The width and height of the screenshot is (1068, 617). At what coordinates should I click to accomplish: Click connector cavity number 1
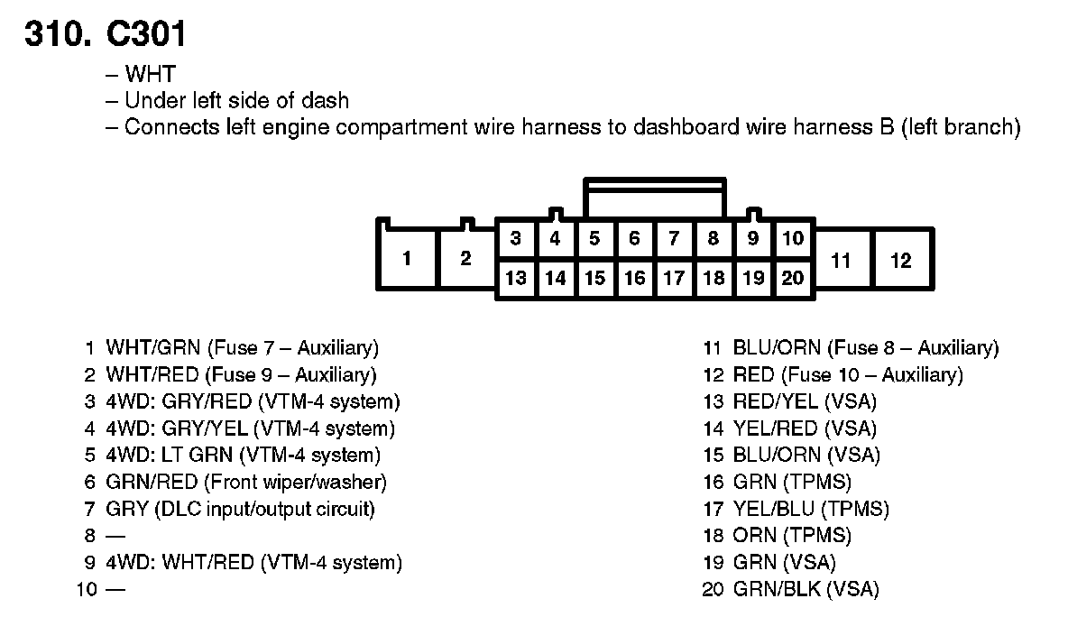click(x=407, y=259)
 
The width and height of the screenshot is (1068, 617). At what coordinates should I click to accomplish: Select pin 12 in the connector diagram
click(x=900, y=261)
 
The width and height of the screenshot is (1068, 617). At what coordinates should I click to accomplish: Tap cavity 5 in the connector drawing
click(x=594, y=239)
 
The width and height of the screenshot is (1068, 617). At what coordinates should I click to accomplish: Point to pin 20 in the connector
click(x=793, y=278)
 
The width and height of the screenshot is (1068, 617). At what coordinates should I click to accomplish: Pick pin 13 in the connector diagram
click(x=515, y=278)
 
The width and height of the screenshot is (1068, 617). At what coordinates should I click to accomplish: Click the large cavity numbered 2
click(x=465, y=259)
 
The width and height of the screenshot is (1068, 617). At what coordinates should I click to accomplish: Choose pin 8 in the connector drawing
click(x=714, y=239)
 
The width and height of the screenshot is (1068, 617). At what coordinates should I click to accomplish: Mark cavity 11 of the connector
click(x=841, y=261)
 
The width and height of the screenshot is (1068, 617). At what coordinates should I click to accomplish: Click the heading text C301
click(x=145, y=34)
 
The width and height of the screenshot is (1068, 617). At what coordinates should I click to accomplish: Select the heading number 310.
click(x=56, y=34)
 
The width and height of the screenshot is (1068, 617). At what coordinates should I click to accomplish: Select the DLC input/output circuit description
click(x=264, y=509)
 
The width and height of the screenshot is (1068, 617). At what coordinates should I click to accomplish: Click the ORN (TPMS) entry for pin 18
click(x=791, y=536)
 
